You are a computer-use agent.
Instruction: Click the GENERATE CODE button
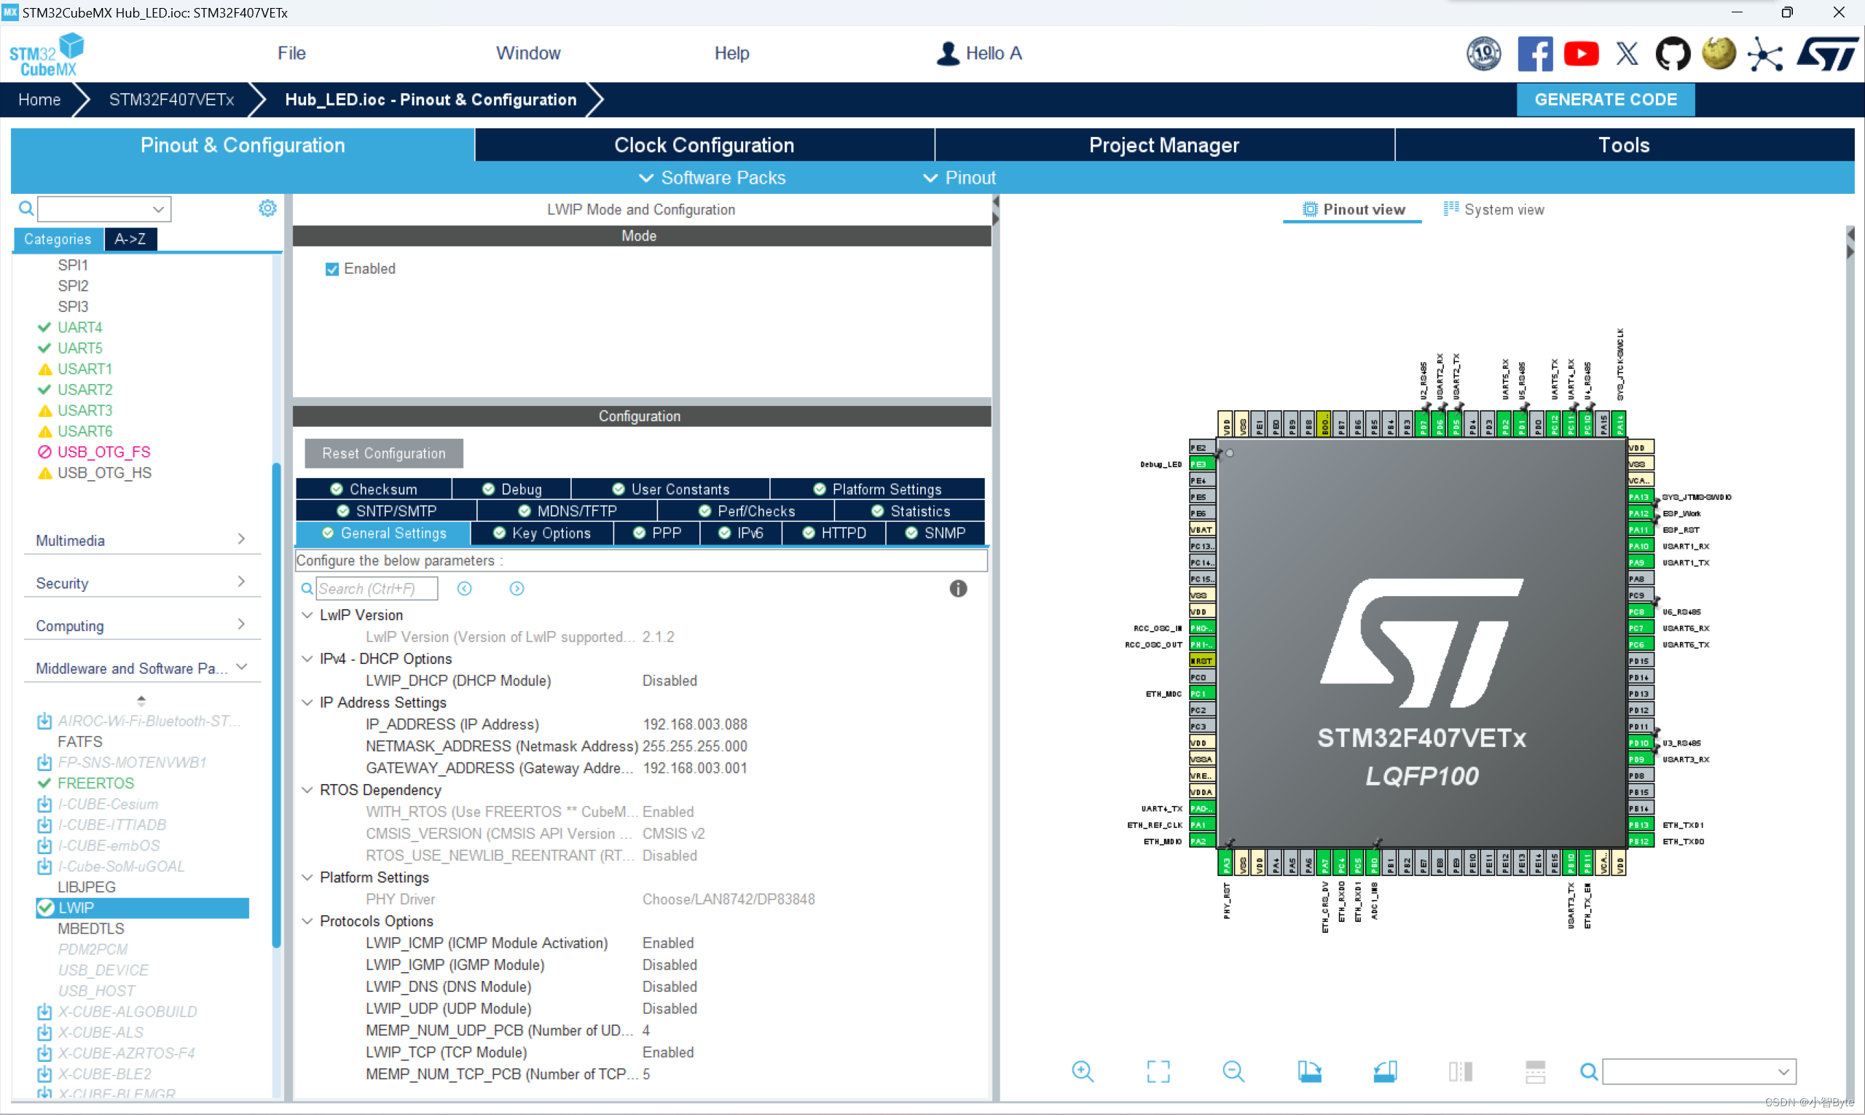coord(1605,99)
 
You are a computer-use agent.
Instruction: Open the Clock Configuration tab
coord(704,145)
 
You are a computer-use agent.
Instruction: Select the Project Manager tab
coord(1163,145)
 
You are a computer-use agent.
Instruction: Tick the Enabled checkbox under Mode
coord(332,269)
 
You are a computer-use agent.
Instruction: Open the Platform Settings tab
coord(877,489)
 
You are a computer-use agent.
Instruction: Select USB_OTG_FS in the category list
coord(103,452)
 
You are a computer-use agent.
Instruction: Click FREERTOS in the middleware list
coord(95,783)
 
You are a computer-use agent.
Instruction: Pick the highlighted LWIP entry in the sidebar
coord(76,907)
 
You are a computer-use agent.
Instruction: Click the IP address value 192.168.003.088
coord(695,724)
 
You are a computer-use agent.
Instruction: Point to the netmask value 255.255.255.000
coord(695,746)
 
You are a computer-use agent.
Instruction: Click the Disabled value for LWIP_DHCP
coord(670,681)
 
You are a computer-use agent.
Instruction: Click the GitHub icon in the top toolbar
coord(1673,53)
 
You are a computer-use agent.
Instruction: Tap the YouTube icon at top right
coord(1581,53)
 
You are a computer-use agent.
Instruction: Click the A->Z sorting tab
coord(130,239)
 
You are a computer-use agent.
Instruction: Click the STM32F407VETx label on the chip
coord(1422,738)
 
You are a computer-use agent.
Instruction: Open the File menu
coord(291,53)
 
